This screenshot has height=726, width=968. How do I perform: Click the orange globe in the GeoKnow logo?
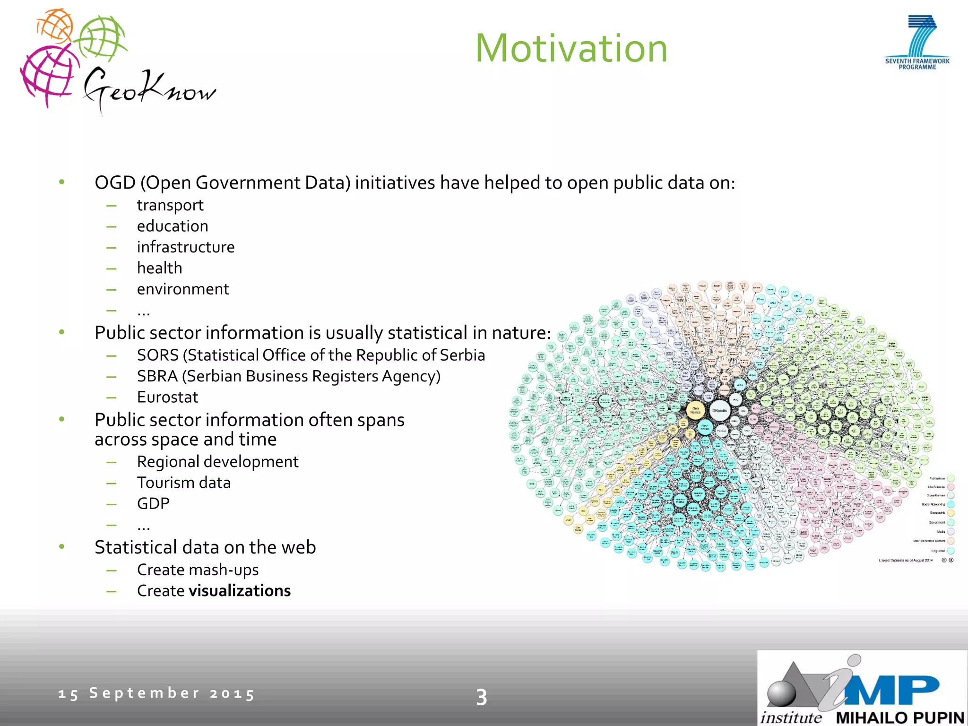click(54, 26)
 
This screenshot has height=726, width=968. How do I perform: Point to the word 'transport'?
click(170, 206)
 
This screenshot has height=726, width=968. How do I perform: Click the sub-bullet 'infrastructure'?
click(186, 247)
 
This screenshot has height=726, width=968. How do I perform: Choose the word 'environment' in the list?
click(183, 289)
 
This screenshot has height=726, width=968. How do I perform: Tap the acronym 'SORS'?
click(157, 355)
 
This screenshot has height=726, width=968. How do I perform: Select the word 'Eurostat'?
click(167, 397)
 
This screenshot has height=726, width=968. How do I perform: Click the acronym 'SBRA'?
click(157, 376)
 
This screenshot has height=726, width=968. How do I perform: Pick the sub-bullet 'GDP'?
click(153, 503)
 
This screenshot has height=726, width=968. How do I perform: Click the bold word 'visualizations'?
click(240, 591)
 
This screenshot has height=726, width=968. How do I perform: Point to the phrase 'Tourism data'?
click(184, 483)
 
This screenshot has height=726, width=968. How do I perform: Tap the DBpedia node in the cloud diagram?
click(719, 411)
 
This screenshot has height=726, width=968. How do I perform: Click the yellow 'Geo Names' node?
click(695, 410)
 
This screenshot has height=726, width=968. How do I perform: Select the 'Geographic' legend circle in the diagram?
click(951, 513)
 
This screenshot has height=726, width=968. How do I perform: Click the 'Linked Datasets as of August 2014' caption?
click(906, 561)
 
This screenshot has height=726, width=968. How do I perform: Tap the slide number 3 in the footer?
click(481, 697)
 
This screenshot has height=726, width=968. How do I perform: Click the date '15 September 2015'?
click(156, 693)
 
